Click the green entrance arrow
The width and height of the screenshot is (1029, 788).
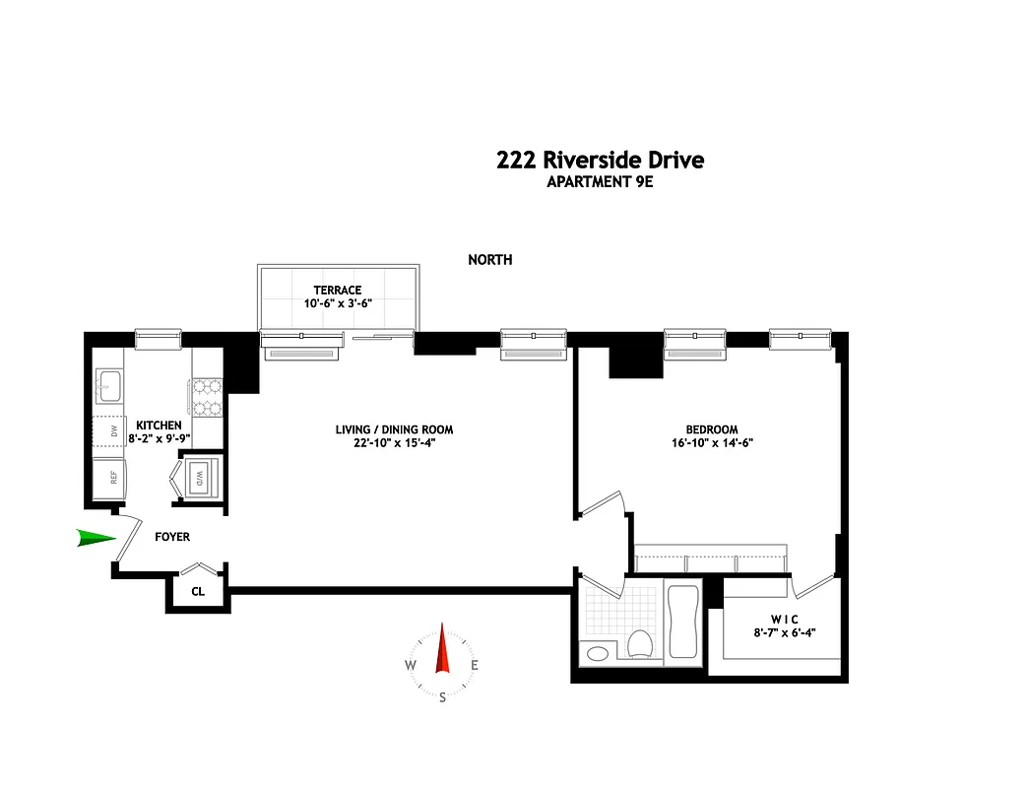[96, 538]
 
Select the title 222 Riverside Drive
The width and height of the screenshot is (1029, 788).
[601, 160]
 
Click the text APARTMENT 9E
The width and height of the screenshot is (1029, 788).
[601, 181]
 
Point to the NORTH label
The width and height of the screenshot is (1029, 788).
[489, 260]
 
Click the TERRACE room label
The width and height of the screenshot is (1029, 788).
[338, 290]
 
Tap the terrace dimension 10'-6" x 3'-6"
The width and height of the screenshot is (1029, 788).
[338, 303]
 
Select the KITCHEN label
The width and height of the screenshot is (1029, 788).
[158, 425]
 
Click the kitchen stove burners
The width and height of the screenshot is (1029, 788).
[208, 398]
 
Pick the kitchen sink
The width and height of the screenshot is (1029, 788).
[108, 385]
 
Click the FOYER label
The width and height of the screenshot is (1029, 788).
[172, 537]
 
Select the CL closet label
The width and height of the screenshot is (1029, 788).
[197, 592]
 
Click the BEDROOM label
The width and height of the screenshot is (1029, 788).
[711, 429]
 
